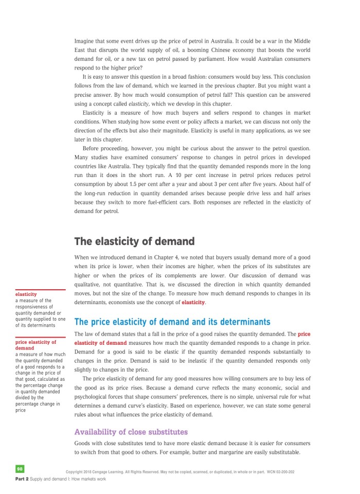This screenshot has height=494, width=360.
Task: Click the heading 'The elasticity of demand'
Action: tap(134, 241)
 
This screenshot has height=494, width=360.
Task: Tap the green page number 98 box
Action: tap(20, 469)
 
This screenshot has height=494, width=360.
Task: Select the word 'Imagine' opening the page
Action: tap(86, 41)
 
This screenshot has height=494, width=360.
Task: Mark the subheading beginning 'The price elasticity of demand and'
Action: tap(172, 322)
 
